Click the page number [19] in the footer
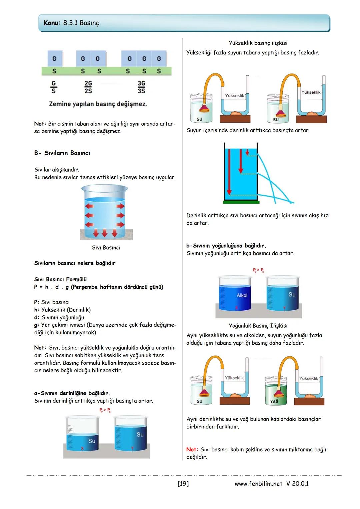(x=183, y=484)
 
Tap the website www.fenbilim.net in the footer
(x=258, y=484)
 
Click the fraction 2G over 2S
(x=88, y=87)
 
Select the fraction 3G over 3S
(x=141, y=87)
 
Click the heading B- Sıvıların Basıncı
(x=62, y=153)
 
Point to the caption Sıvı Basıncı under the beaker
(x=106, y=248)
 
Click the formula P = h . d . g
(x=51, y=287)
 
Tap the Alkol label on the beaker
(x=242, y=295)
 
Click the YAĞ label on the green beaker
(x=274, y=401)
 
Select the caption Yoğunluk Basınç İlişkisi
(x=258, y=326)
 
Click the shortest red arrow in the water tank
(x=247, y=152)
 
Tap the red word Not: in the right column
(x=192, y=450)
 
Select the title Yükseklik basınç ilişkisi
(x=258, y=43)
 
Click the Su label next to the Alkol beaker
(x=292, y=295)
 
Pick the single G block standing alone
(x=54, y=59)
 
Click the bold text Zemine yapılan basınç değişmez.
(x=98, y=104)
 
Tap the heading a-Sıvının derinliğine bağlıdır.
(x=72, y=393)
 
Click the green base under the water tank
(x=241, y=202)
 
